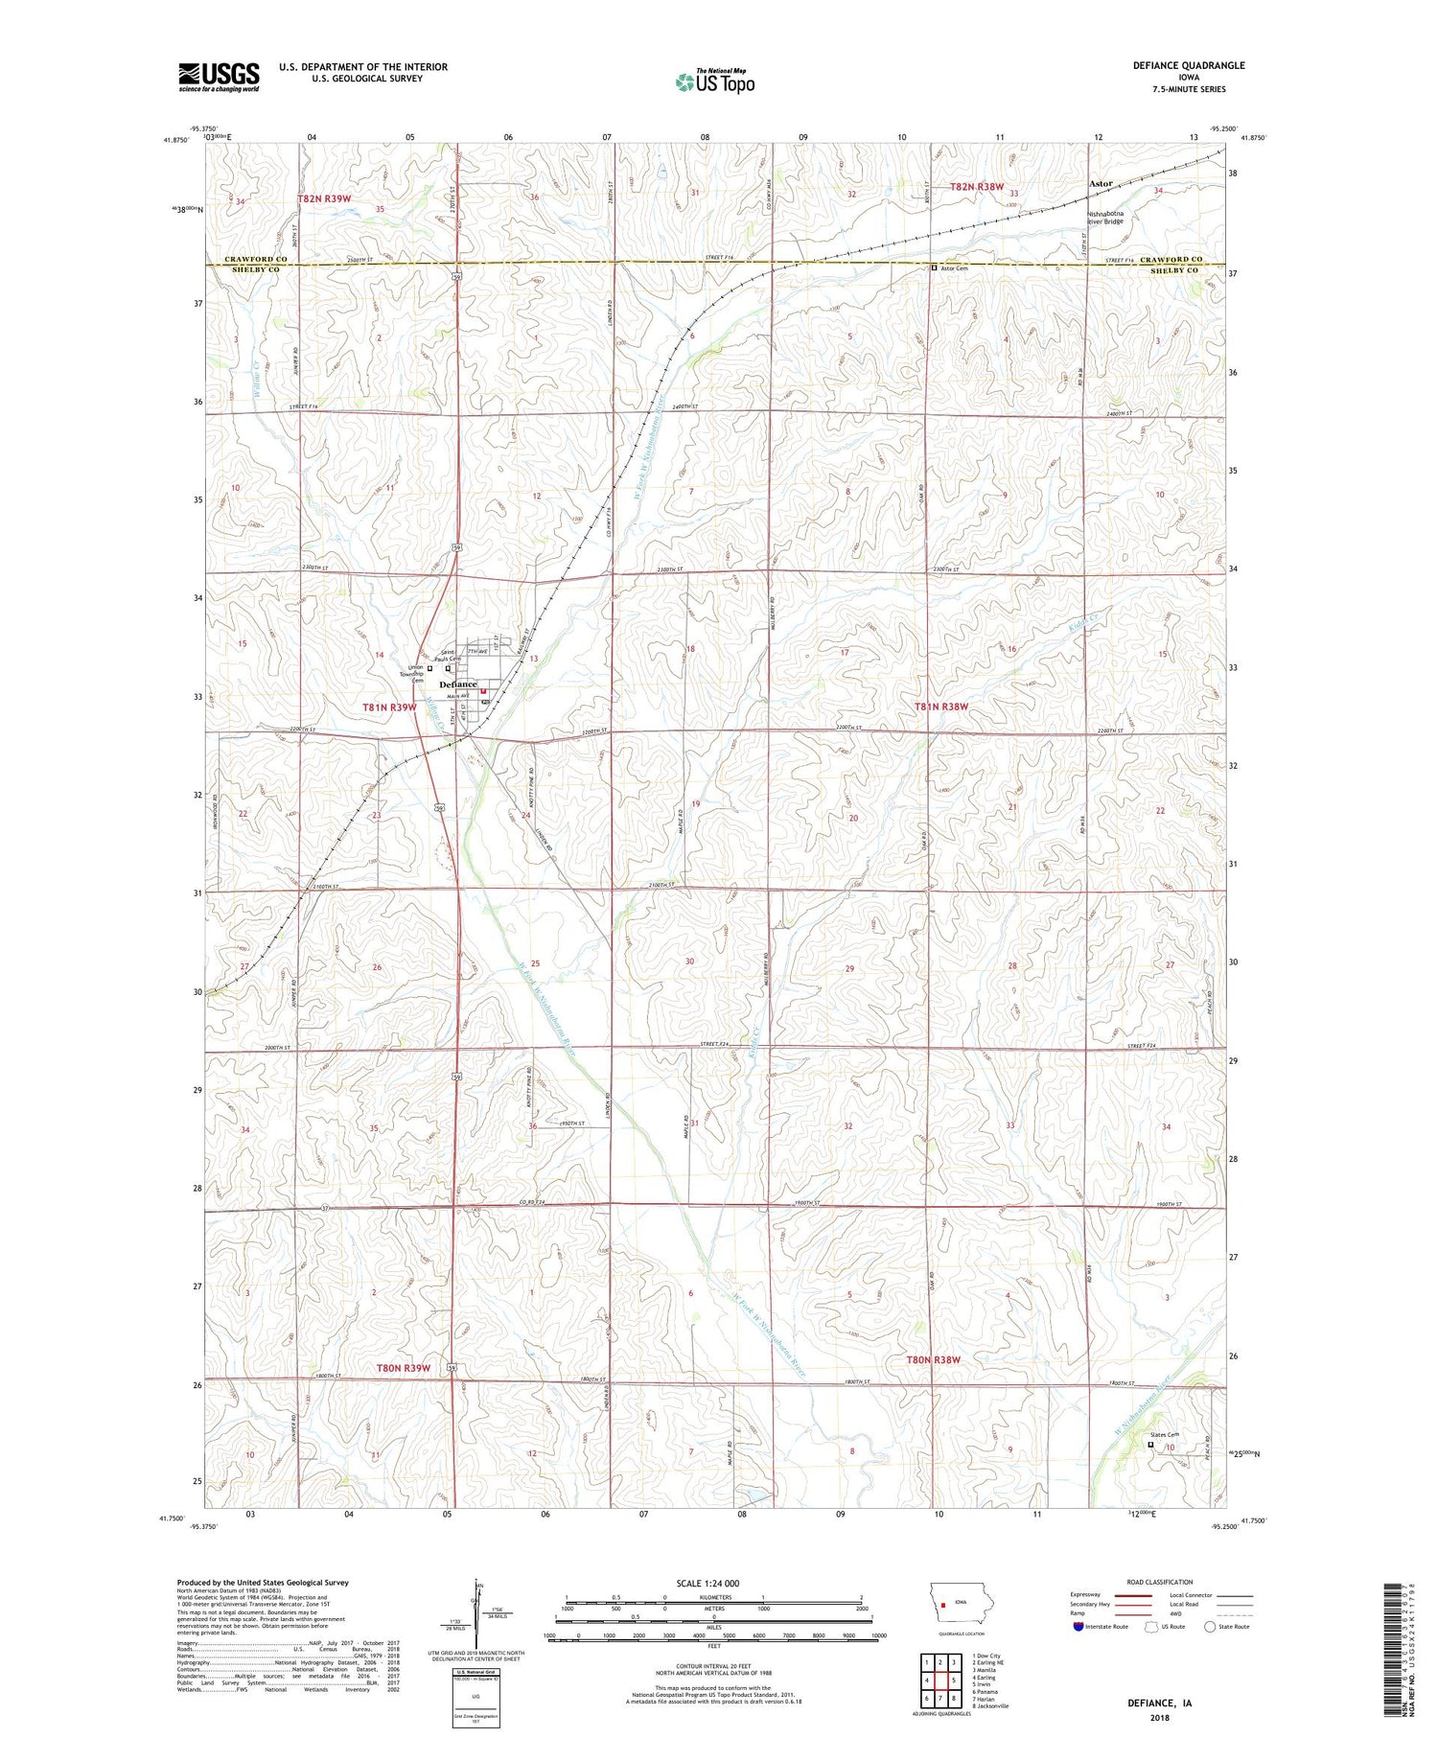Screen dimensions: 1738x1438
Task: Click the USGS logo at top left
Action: point(219,77)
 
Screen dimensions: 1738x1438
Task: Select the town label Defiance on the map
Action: point(457,684)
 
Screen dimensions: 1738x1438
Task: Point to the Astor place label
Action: point(1101,183)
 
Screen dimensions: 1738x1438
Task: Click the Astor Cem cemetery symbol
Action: point(934,268)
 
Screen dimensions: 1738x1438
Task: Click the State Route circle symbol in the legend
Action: point(1210,1626)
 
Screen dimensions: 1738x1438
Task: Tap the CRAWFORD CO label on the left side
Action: point(256,260)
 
